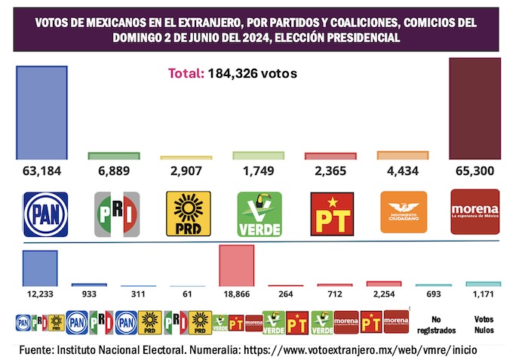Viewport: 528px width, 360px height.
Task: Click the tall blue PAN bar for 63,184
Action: pos(42,112)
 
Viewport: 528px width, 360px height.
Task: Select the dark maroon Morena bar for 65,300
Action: pos(474,109)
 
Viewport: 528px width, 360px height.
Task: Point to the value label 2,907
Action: pos(186,171)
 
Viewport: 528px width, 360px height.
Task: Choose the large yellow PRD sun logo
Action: pos(187,214)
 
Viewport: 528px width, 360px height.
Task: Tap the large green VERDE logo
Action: pos(259,214)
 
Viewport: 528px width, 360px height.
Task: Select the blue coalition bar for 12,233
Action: pos(40,268)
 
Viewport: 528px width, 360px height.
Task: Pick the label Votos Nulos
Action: pos(483,325)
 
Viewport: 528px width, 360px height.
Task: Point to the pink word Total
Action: pos(185,74)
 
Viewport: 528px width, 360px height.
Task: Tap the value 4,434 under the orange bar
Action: pos(402,171)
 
